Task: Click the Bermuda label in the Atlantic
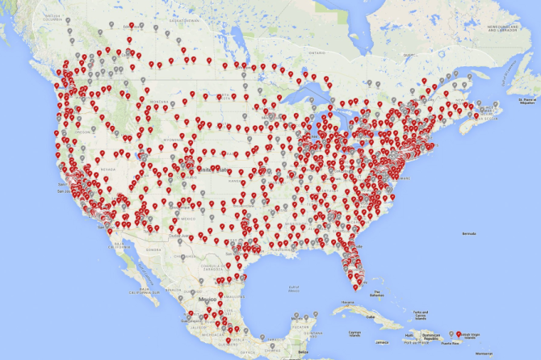click(467, 232)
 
